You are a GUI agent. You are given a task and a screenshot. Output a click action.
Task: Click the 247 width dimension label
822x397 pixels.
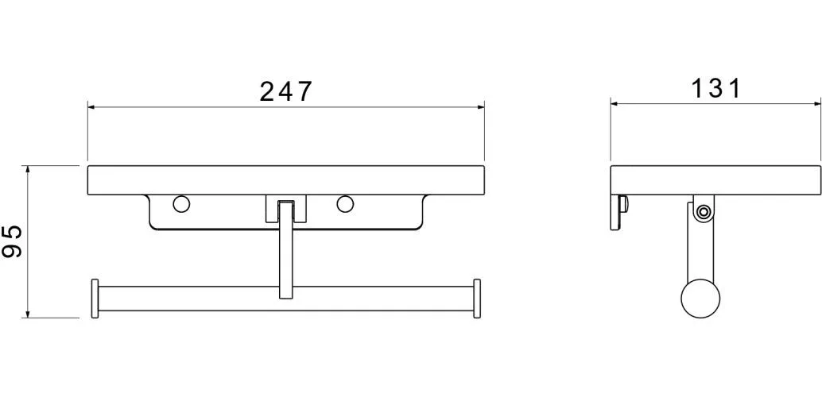(285, 91)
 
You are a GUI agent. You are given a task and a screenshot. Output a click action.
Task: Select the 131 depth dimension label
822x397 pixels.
(715, 88)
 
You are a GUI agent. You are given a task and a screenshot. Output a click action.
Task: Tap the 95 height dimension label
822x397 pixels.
(13, 241)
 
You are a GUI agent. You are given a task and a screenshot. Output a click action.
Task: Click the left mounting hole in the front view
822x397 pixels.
(181, 204)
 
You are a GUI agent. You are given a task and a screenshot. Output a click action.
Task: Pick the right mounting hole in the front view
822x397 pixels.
(345, 204)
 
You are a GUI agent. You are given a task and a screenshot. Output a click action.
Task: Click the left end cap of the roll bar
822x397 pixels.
(95, 299)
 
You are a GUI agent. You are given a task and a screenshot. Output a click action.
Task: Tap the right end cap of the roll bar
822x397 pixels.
(477, 299)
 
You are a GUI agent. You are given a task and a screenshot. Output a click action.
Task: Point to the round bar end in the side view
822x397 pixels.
(700, 300)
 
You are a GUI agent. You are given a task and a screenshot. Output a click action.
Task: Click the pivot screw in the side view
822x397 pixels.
(703, 212)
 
